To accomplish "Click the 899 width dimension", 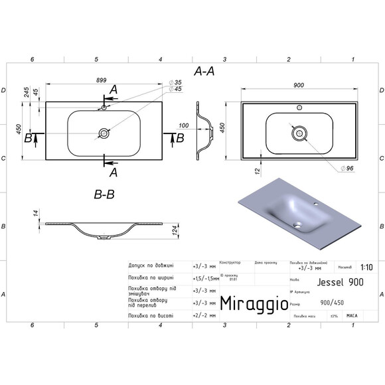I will [x=102, y=80].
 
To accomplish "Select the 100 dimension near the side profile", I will [x=184, y=125].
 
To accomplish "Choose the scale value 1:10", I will [x=366, y=269].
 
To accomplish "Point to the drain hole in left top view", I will [x=104, y=133].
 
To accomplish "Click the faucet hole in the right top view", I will [x=299, y=108].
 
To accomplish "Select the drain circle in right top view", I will [x=300, y=133].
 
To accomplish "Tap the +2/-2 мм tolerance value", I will [x=204, y=316].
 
